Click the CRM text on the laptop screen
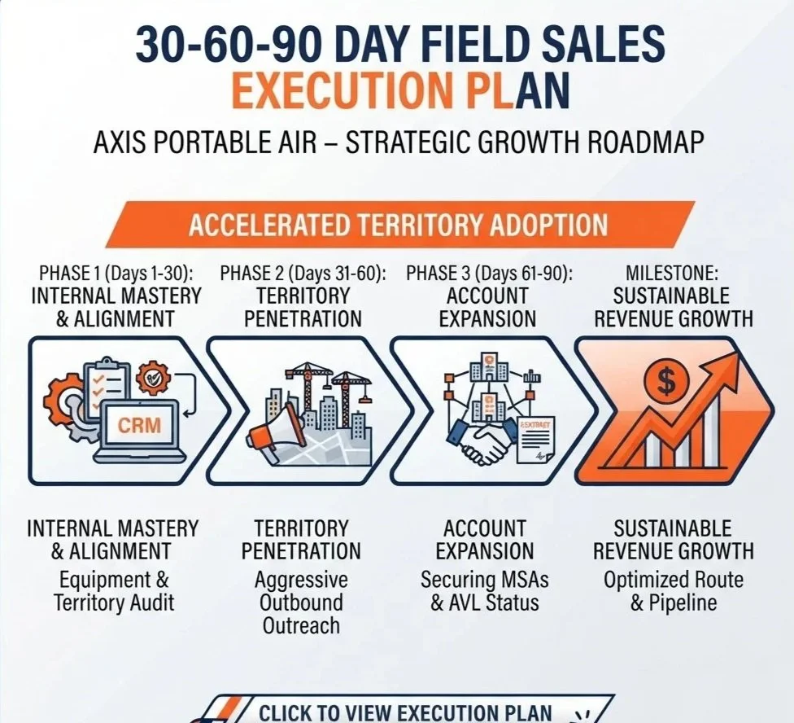tap(139, 424)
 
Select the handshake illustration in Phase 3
tap(478, 440)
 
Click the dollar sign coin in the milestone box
tap(666, 382)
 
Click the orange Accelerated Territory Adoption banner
tap(399, 225)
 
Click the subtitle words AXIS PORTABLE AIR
tap(204, 142)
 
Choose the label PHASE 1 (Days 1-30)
tap(116, 274)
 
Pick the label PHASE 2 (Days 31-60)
tap(303, 274)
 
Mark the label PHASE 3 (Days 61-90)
tap(489, 274)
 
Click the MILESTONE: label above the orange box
tap(672, 274)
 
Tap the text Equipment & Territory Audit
tap(113, 591)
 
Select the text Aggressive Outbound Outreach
tap(301, 602)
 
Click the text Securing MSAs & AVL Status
tap(485, 591)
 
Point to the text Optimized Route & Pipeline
tap(673, 591)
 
